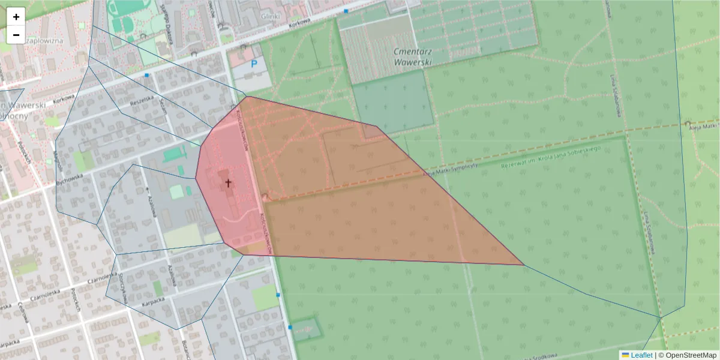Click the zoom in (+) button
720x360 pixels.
tap(16, 17)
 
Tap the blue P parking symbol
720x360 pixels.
tap(254, 63)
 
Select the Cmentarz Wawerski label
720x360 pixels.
tap(415, 56)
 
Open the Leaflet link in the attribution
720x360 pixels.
tap(641, 355)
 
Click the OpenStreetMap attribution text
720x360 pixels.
tap(689, 355)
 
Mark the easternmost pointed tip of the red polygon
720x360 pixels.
tap(524, 265)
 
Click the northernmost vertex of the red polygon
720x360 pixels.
tap(247, 97)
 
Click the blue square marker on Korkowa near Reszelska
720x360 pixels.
tap(147, 75)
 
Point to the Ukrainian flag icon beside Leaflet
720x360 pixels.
tap(625, 355)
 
